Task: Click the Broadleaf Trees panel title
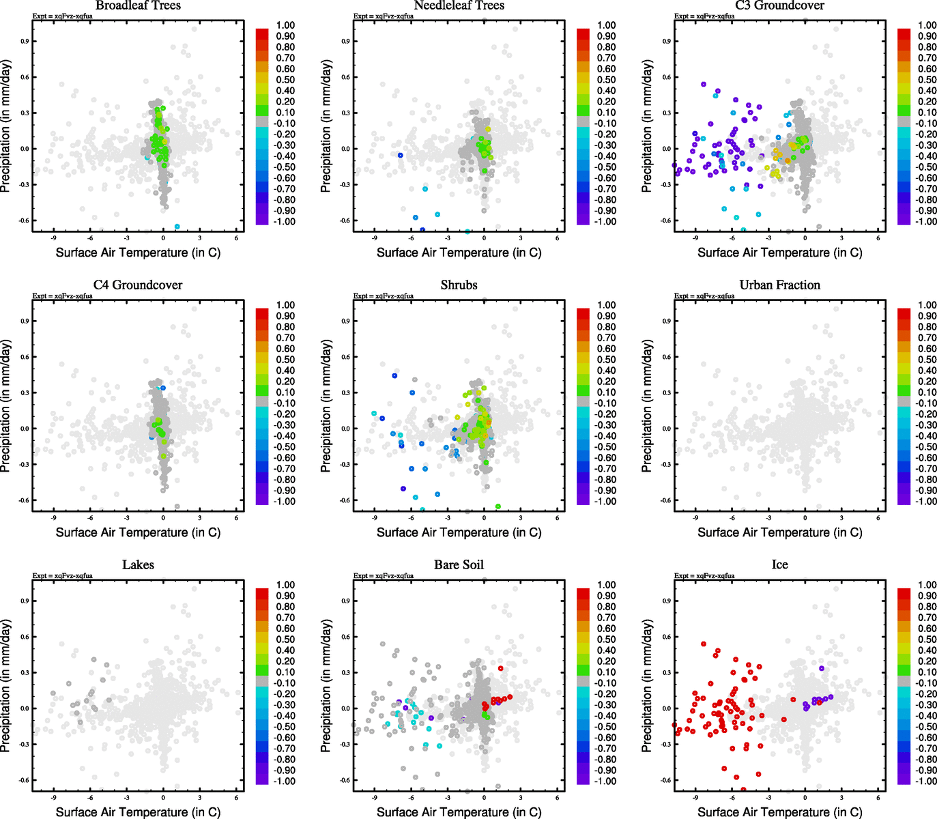coord(138,5)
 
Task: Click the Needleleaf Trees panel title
coord(459,5)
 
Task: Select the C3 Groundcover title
coord(779,5)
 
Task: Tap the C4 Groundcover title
coord(138,285)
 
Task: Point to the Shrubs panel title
coord(459,285)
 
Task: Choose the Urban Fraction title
coord(779,285)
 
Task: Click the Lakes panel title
coord(138,564)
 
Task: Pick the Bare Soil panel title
coord(459,564)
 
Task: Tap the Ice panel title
coord(779,564)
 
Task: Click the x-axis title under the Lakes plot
coord(138,811)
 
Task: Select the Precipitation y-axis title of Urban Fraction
coord(647,406)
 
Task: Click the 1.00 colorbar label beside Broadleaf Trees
coord(285,25)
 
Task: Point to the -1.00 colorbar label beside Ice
coord(926,781)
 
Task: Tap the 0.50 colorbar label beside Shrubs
coord(606,360)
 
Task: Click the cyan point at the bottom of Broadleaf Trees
coord(177,227)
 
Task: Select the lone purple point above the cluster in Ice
coord(822,668)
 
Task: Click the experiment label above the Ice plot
coord(704,575)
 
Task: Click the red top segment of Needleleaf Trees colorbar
coord(583,33)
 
